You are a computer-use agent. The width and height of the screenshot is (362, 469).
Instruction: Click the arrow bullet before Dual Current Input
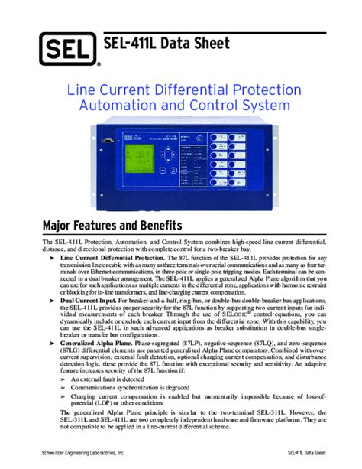point(53,302)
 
